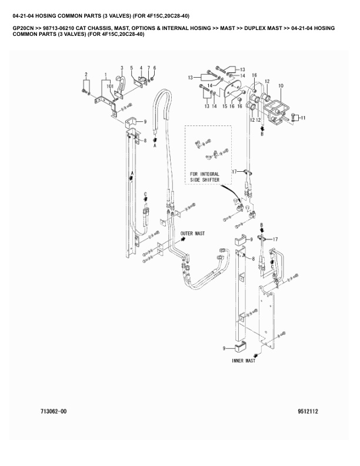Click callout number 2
(x=86, y=74)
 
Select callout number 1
(x=105, y=74)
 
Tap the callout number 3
(x=122, y=68)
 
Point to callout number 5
(x=132, y=68)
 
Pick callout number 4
(x=141, y=68)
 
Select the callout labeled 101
(x=110, y=86)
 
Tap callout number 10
(x=281, y=86)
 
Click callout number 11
(x=303, y=118)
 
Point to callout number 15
(x=225, y=106)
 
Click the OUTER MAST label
(x=192, y=234)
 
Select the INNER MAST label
(x=244, y=361)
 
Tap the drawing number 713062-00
(x=54, y=412)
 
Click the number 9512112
(x=308, y=412)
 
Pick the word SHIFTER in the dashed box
(x=211, y=180)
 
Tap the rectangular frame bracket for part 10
(x=276, y=108)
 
